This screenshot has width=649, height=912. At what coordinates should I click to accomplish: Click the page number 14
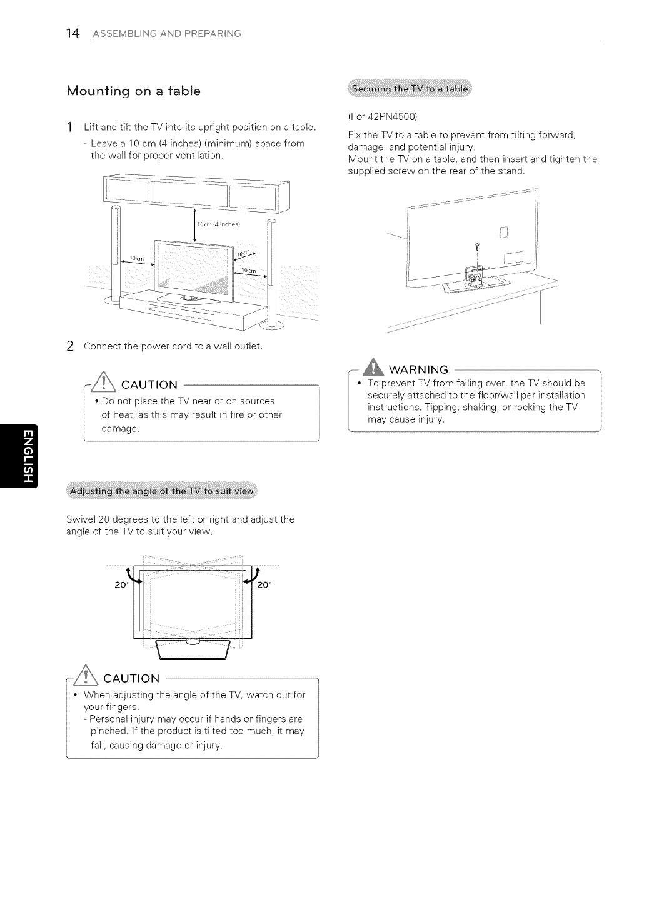(73, 33)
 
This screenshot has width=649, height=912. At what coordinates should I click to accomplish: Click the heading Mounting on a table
(133, 91)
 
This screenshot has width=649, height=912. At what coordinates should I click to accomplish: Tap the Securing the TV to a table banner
(410, 89)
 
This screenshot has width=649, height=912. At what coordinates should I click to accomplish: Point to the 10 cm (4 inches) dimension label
(214, 224)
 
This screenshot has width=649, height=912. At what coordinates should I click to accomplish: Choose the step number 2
(71, 346)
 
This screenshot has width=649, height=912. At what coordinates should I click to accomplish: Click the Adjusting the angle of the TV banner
(162, 491)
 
